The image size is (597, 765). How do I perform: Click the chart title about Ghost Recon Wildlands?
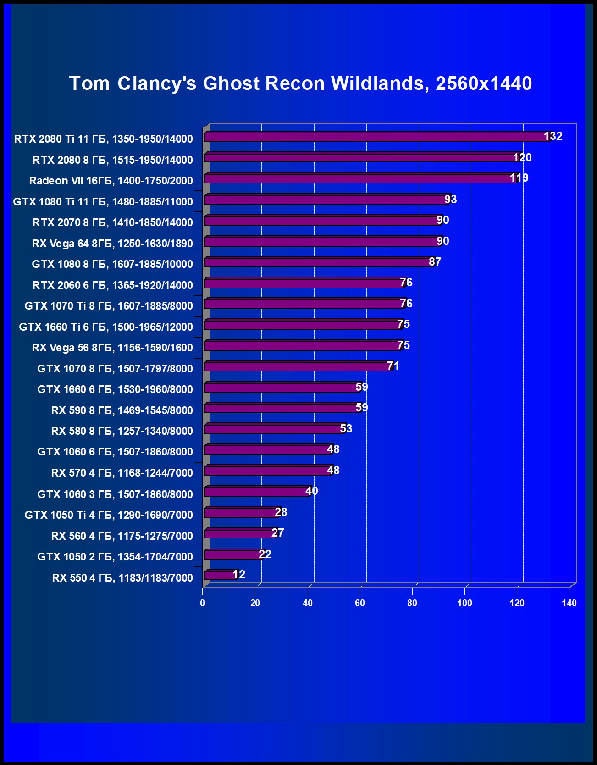click(x=300, y=83)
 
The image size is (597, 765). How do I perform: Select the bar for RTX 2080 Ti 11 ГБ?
click(x=376, y=137)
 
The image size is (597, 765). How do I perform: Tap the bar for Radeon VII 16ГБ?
click(x=360, y=178)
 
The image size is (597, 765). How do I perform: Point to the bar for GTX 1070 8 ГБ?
click(x=298, y=366)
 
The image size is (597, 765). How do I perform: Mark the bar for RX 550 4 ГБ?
click(x=221, y=575)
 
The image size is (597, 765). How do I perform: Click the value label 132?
click(x=553, y=136)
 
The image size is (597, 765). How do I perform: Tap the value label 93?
click(x=450, y=200)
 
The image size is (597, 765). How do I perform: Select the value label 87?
click(x=435, y=262)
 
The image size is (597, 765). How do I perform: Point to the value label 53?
click(x=346, y=429)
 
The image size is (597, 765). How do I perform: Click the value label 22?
click(x=265, y=554)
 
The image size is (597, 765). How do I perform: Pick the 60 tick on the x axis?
click(x=360, y=603)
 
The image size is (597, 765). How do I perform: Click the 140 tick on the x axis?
click(x=569, y=603)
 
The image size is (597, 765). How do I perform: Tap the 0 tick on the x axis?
click(x=203, y=603)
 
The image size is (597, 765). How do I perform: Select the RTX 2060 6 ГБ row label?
click(x=112, y=285)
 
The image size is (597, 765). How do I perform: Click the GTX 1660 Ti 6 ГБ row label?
click(x=106, y=327)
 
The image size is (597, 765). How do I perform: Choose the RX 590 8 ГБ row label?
click(x=122, y=410)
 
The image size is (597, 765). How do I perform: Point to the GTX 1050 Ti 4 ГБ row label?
click(x=109, y=515)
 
